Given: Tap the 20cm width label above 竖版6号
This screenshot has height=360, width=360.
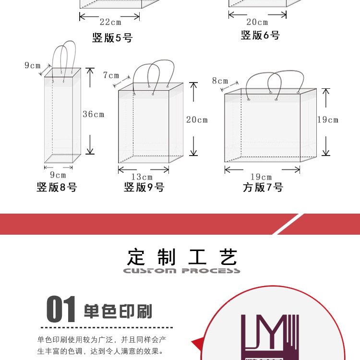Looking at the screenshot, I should (257, 22).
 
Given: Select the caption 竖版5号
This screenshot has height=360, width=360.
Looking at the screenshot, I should (112, 38).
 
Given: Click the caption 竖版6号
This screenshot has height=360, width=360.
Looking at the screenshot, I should (260, 36).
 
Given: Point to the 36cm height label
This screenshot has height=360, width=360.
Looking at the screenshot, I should (93, 114).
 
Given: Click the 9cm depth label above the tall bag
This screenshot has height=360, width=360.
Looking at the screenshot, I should (33, 65).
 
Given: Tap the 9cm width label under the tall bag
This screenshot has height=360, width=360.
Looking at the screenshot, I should (58, 175).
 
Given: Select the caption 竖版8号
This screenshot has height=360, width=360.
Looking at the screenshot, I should (57, 187).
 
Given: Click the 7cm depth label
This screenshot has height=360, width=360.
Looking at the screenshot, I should (111, 75).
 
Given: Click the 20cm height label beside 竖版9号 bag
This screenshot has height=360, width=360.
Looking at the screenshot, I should (197, 120).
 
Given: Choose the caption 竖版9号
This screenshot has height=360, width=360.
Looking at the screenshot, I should (144, 187).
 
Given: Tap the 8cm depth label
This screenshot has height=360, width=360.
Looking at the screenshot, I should (220, 81).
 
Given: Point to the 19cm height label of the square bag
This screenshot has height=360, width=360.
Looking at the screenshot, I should (327, 120).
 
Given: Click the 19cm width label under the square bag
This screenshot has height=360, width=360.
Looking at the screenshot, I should (261, 177).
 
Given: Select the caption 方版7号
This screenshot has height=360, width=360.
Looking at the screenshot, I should (263, 187).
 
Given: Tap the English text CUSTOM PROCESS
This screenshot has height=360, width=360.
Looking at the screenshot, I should (181, 271).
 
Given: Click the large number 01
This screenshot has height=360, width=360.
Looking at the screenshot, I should (61, 310).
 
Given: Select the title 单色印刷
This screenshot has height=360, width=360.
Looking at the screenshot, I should (118, 312).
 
